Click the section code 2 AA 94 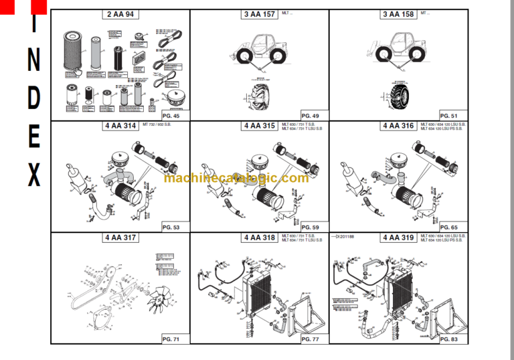tap(120, 14)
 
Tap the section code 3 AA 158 tap(398, 14)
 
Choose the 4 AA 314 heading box tap(120, 126)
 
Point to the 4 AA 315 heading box tap(260, 126)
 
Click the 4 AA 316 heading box tap(398, 126)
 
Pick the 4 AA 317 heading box tap(120, 238)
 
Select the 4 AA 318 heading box tap(260, 238)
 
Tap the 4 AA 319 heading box tap(398, 238)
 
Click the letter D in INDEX tap(34, 98)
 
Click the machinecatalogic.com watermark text tap(236, 178)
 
